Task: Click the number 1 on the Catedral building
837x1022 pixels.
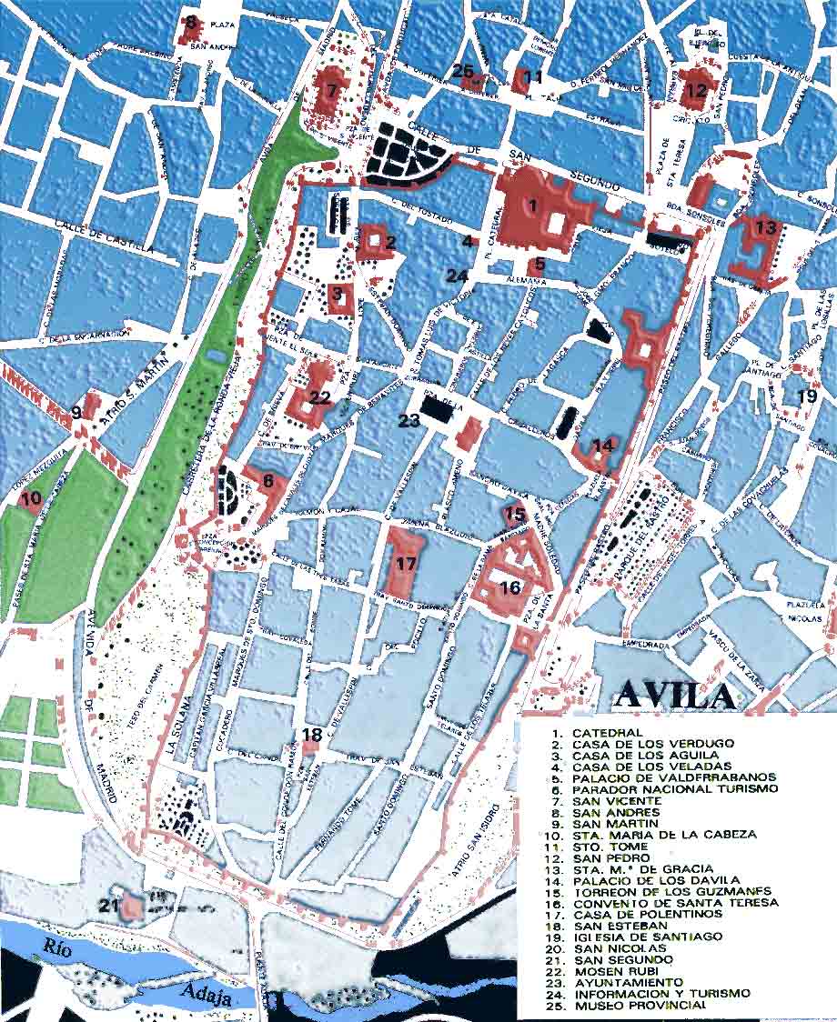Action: (x=534, y=205)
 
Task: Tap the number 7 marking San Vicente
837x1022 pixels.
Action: (x=331, y=90)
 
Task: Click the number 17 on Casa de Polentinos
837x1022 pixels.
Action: (x=406, y=564)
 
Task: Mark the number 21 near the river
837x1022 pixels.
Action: (x=110, y=905)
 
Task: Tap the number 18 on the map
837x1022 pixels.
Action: (x=312, y=735)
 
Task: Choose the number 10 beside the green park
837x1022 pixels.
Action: (x=31, y=497)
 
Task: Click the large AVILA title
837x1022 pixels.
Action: (x=676, y=695)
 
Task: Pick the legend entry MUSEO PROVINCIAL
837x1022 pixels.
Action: (x=639, y=1006)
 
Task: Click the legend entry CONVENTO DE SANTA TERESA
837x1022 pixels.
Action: (x=675, y=903)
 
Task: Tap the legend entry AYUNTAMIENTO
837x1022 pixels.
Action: (x=627, y=983)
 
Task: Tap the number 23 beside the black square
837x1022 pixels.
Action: (x=409, y=420)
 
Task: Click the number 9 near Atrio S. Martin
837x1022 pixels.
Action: (x=76, y=413)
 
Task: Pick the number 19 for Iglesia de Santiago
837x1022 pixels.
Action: (x=807, y=396)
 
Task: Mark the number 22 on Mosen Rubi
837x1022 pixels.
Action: (x=319, y=396)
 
